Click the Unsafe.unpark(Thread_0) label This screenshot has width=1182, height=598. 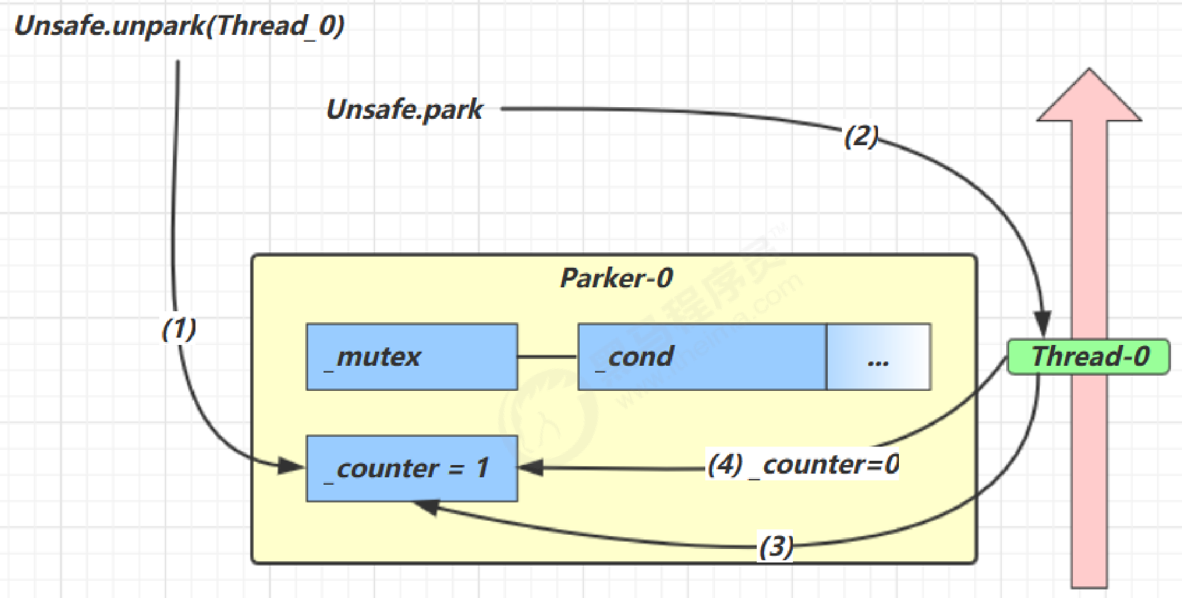[179, 26]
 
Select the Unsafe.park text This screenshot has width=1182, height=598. [404, 110]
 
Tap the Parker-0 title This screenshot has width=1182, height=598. [616, 278]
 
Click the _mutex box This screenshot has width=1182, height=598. [412, 357]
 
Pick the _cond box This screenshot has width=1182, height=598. [702, 357]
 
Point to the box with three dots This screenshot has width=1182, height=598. [878, 357]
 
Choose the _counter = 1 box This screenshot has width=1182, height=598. [412, 469]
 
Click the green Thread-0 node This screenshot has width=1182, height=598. [1088, 357]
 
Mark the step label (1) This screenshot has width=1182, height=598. [178, 329]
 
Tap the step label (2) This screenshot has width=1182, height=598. [861, 135]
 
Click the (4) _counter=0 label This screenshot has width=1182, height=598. [803, 465]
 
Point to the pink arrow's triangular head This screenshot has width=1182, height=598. [1089, 98]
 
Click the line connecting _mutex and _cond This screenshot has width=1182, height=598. [548, 357]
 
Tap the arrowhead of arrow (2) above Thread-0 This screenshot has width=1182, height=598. [1042, 324]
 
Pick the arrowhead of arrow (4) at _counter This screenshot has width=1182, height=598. [531, 468]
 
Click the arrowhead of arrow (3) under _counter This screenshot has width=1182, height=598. [426, 506]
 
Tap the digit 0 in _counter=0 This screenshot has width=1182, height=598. [892, 465]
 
